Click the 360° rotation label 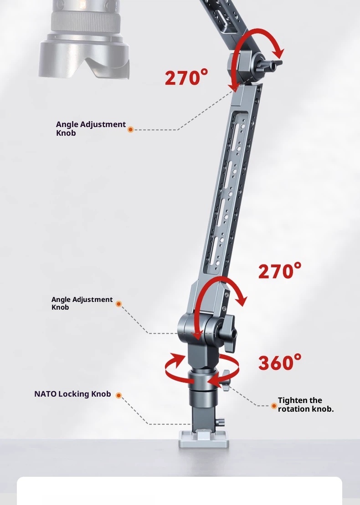pos(280,362)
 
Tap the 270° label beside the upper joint pos(186,77)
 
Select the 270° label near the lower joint pos(280,270)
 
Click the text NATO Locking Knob pos(72,394)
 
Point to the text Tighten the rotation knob pos(305,404)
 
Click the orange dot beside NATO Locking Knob pos(118,395)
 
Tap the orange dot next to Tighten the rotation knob pos(273,406)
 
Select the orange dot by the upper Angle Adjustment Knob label pos(130,129)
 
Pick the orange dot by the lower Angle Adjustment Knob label pos(118,304)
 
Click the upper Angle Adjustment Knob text pos(91,128)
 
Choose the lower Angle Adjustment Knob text pos(82,303)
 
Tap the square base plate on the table pos(204,439)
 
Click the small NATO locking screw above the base pos(221,422)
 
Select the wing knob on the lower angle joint pos(228,334)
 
